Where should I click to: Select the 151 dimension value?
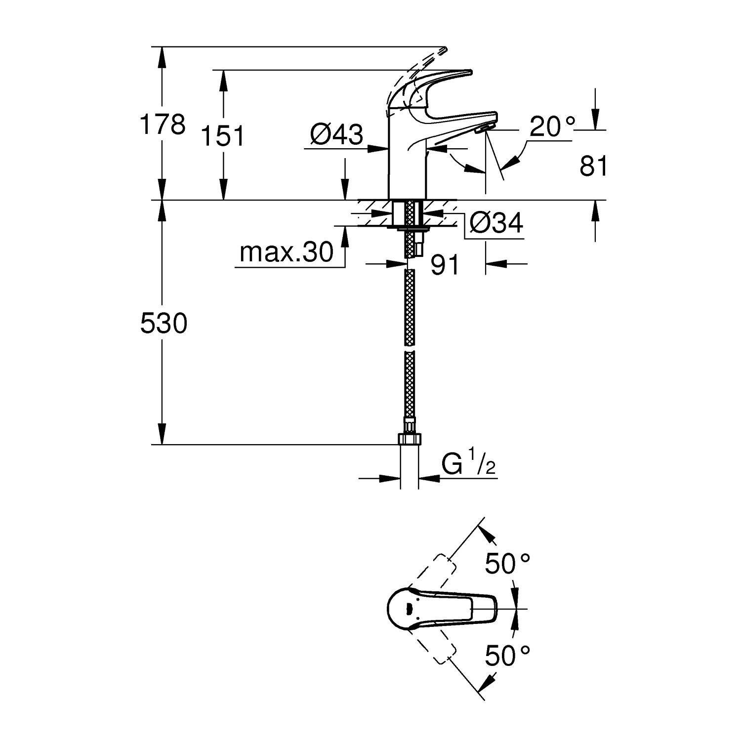(x=223, y=136)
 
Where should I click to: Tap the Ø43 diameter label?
(x=336, y=134)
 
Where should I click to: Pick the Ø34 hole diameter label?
(x=495, y=224)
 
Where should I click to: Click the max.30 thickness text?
(x=287, y=253)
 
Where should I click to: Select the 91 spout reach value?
(x=445, y=266)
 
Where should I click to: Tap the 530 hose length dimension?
(x=164, y=324)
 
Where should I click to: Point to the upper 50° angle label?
(x=507, y=564)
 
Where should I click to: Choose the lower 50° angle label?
(x=507, y=656)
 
